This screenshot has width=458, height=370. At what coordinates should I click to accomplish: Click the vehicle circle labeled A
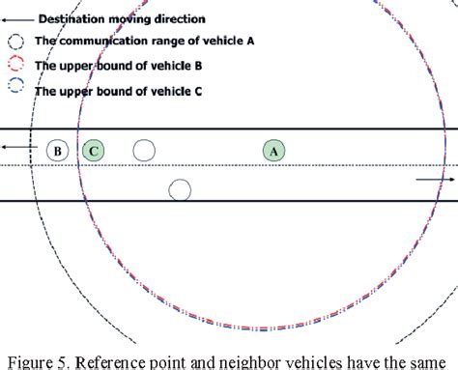click(x=273, y=151)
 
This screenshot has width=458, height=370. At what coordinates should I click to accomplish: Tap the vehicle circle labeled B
click(x=58, y=151)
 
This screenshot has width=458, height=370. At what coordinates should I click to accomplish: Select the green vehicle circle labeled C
click(x=94, y=151)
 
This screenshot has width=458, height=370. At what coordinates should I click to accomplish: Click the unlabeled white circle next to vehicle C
click(x=143, y=151)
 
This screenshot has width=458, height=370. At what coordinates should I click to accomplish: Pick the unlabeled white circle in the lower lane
click(x=179, y=189)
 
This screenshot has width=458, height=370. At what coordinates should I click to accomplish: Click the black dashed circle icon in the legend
click(x=16, y=42)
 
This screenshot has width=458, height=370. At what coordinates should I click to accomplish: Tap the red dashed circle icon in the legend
click(x=16, y=66)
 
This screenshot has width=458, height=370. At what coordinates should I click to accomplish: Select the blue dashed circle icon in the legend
click(x=16, y=91)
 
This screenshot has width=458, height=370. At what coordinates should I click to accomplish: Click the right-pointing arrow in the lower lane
click(x=436, y=180)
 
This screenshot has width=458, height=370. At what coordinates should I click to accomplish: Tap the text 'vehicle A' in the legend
click(x=229, y=42)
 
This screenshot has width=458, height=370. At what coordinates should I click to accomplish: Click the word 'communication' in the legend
click(x=104, y=42)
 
